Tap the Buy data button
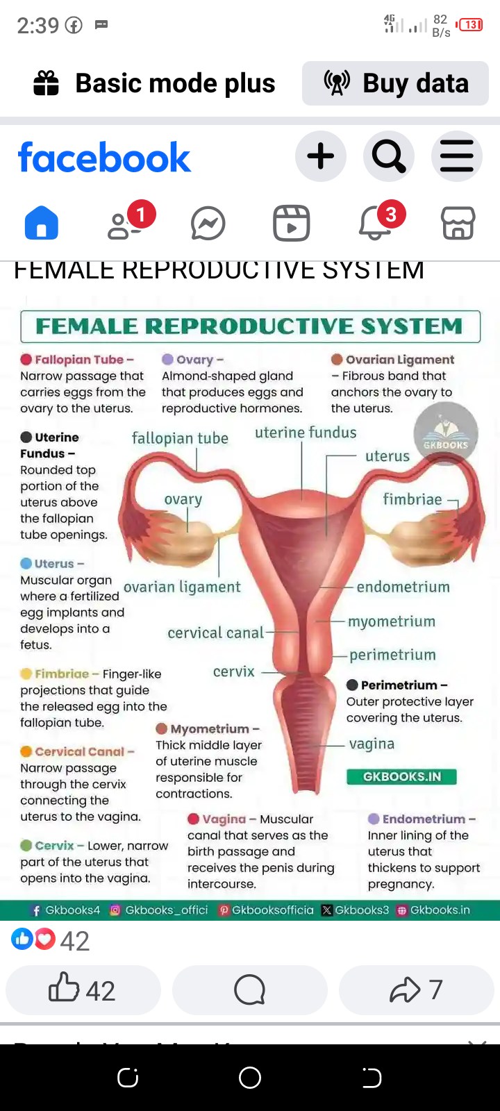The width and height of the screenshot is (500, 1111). click(395, 83)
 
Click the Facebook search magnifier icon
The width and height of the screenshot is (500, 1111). click(389, 156)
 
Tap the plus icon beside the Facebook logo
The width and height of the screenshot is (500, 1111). click(320, 156)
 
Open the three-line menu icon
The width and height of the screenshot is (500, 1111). click(456, 156)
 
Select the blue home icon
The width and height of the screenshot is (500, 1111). click(42, 224)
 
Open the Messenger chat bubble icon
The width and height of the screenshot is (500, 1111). click(208, 224)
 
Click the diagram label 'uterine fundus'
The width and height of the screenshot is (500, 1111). click(306, 433)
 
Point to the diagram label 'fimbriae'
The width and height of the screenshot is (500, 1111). click(412, 499)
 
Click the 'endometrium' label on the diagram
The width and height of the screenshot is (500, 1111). click(403, 587)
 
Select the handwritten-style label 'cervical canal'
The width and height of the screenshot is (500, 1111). click(215, 633)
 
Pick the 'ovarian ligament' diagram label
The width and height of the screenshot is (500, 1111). click(182, 587)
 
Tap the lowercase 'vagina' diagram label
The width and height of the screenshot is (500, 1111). click(372, 744)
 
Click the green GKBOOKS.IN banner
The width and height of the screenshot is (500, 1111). click(401, 776)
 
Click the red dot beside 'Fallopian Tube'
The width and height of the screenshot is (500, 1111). click(26, 359)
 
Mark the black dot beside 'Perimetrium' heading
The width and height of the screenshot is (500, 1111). click(353, 685)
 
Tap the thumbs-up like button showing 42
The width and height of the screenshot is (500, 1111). click(83, 989)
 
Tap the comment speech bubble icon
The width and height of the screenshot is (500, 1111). click(250, 989)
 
